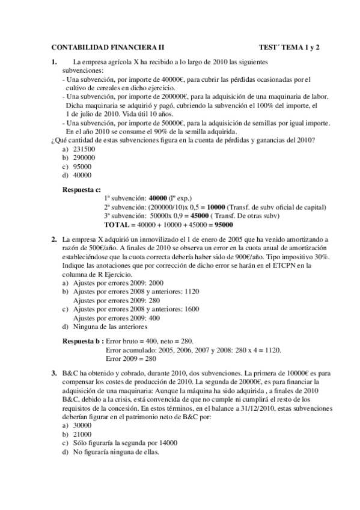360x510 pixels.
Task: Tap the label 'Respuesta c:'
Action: coord(82,189)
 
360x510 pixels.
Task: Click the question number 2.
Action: coord(54,239)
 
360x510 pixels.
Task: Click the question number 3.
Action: coord(54,373)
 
